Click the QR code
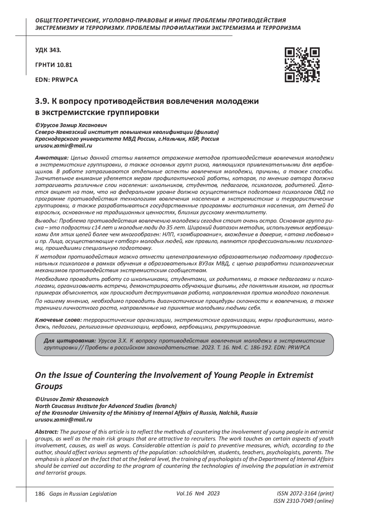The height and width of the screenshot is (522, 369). point(302,65)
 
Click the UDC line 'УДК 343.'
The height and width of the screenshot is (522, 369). point(48,50)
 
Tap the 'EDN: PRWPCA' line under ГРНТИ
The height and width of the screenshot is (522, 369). point(57,80)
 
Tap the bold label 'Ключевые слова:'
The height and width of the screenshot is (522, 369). point(59,320)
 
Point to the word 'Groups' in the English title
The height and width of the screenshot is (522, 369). point(49,386)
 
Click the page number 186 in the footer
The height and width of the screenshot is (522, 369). point(40,494)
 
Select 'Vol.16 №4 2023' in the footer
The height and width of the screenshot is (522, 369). point(198,493)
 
